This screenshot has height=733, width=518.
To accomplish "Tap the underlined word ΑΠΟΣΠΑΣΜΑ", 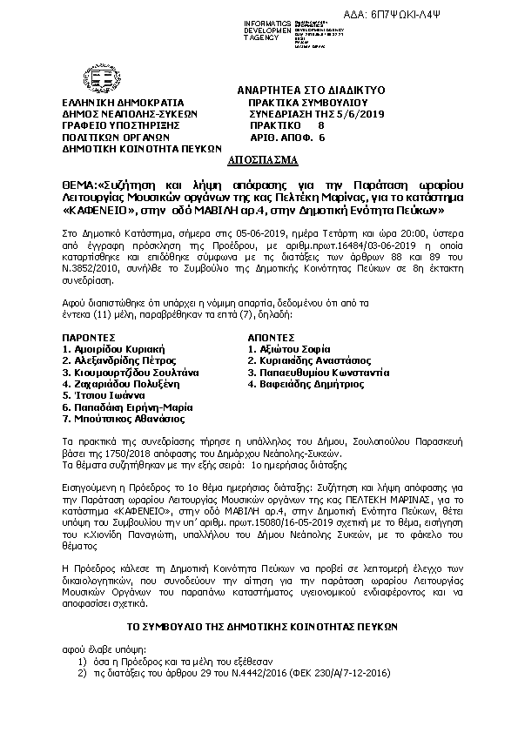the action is click(x=262, y=161).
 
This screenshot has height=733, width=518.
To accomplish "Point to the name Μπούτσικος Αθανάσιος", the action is click(x=122, y=418).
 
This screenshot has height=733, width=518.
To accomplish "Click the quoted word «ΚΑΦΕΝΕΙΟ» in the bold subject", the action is click(x=100, y=211).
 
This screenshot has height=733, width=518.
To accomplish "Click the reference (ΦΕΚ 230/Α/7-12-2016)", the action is click(x=345, y=674).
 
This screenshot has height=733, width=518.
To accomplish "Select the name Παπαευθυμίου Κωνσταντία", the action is click(x=318, y=371).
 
